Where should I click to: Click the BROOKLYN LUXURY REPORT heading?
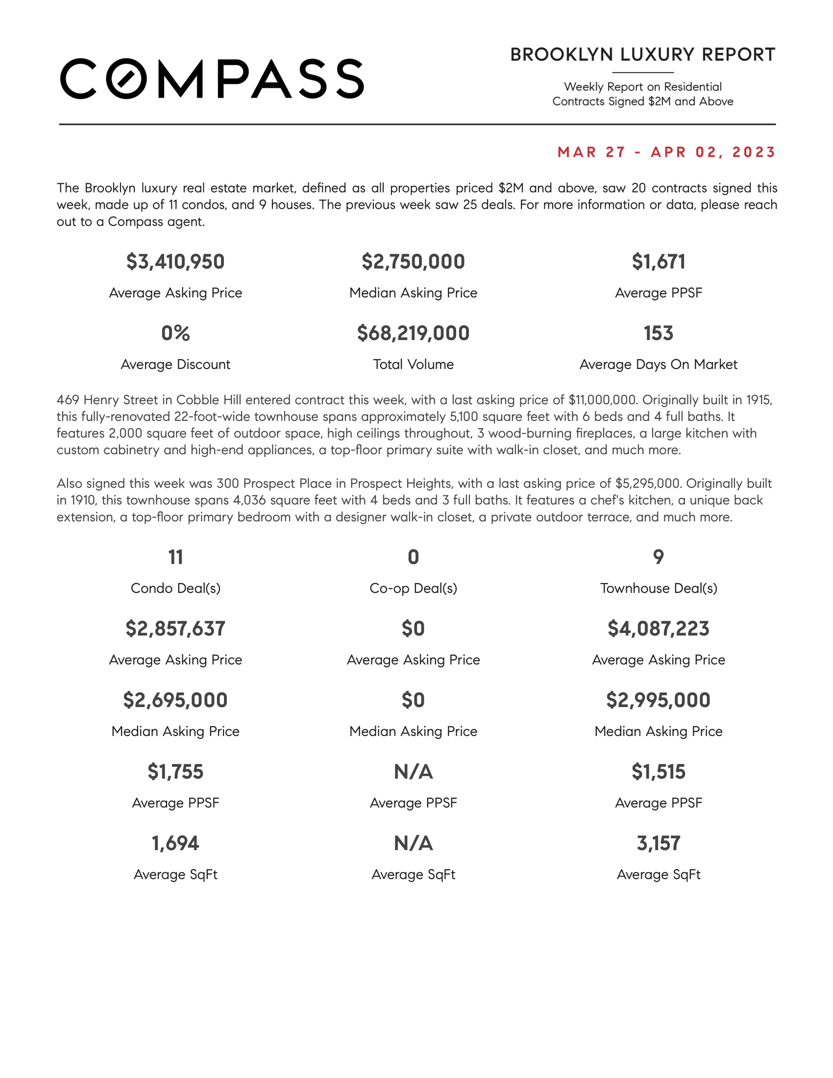click(642, 55)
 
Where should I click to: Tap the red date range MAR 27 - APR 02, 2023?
click(666, 152)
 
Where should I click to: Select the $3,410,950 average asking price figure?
click(175, 262)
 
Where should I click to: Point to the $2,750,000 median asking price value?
click(413, 262)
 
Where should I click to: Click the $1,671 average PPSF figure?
click(658, 262)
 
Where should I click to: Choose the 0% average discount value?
click(175, 333)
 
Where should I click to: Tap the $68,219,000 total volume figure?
click(413, 333)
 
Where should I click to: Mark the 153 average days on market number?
click(658, 333)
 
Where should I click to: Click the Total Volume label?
click(413, 364)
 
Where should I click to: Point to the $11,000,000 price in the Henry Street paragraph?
click(602, 400)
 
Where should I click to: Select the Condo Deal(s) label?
click(175, 588)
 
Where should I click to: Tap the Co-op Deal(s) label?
click(413, 588)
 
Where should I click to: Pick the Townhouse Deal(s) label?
click(658, 588)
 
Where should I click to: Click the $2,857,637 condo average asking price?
click(175, 628)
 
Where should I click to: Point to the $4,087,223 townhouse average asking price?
click(658, 628)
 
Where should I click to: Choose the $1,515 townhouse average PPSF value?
click(658, 771)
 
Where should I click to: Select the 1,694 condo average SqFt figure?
click(175, 843)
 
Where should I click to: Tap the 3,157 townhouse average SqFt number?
click(658, 843)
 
